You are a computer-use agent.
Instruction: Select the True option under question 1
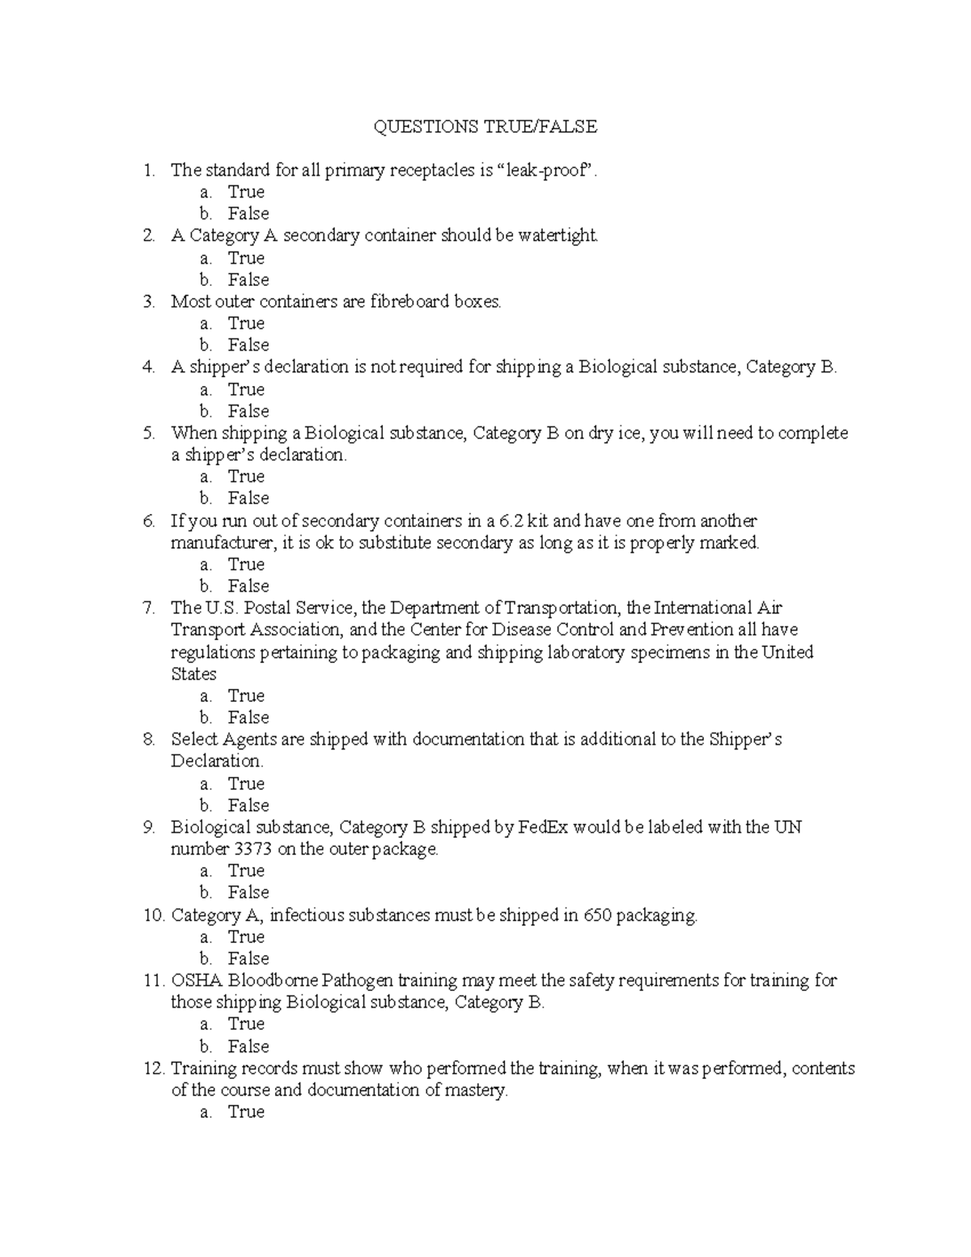(x=246, y=192)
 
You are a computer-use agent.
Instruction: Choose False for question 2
(x=248, y=279)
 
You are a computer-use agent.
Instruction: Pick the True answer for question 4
(x=246, y=389)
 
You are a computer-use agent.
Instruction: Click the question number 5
(x=148, y=433)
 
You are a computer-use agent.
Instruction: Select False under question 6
(x=248, y=586)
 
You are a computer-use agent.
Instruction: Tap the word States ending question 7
(x=193, y=674)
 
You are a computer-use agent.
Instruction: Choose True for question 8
(x=246, y=784)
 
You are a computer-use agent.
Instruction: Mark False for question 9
(x=248, y=892)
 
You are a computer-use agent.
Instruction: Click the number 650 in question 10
(x=597, y=915)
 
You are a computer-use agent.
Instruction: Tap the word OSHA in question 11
(x=196, y=981)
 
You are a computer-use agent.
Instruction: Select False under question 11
(x=248, y=1046)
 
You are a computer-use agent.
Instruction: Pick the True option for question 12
(x=246, y=1112)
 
